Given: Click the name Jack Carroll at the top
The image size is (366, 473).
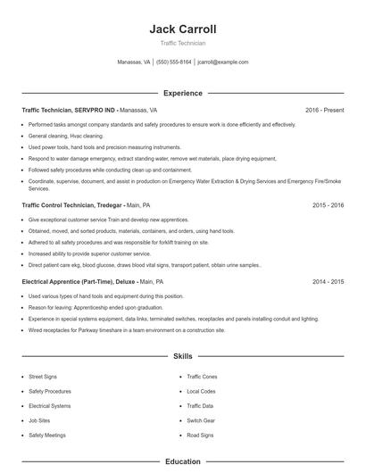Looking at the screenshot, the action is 183,29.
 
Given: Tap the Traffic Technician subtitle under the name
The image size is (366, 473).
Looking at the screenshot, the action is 183,43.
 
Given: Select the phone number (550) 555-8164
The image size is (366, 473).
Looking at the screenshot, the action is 174,62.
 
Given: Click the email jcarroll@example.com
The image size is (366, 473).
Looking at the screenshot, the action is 223,62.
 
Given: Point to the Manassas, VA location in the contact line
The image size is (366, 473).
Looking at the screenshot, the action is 134,62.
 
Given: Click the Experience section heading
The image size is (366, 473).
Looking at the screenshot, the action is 183,93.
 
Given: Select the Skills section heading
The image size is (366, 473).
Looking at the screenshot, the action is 183,356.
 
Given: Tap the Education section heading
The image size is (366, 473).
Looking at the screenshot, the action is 183,462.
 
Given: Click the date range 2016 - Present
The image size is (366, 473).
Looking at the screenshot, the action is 325,110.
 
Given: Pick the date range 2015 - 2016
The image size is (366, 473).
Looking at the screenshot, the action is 329,204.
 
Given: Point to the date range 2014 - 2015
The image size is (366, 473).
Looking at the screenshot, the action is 329,281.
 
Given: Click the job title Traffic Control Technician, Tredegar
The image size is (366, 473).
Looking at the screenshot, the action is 71,204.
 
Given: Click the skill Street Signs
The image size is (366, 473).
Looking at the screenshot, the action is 43,378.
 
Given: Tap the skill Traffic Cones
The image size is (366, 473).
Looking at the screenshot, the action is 202,378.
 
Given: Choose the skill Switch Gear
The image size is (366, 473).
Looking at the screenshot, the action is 200,420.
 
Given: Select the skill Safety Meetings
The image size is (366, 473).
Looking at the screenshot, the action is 46,435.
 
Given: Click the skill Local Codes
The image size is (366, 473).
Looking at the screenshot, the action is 201,392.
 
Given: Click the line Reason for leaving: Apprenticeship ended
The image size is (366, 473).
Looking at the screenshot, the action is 98,307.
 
